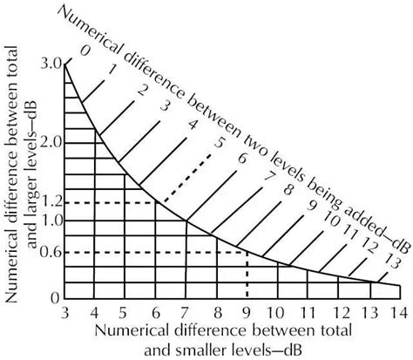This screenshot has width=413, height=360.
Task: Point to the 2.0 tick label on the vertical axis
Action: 50,140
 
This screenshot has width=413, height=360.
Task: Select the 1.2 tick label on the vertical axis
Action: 50,202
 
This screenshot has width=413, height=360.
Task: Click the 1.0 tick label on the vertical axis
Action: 50,221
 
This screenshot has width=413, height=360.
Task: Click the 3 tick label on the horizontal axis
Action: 65,313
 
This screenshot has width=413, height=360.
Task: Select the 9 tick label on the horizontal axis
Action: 247,313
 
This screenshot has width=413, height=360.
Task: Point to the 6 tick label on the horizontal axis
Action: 156,313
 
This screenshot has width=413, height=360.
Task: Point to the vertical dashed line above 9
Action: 247,275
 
